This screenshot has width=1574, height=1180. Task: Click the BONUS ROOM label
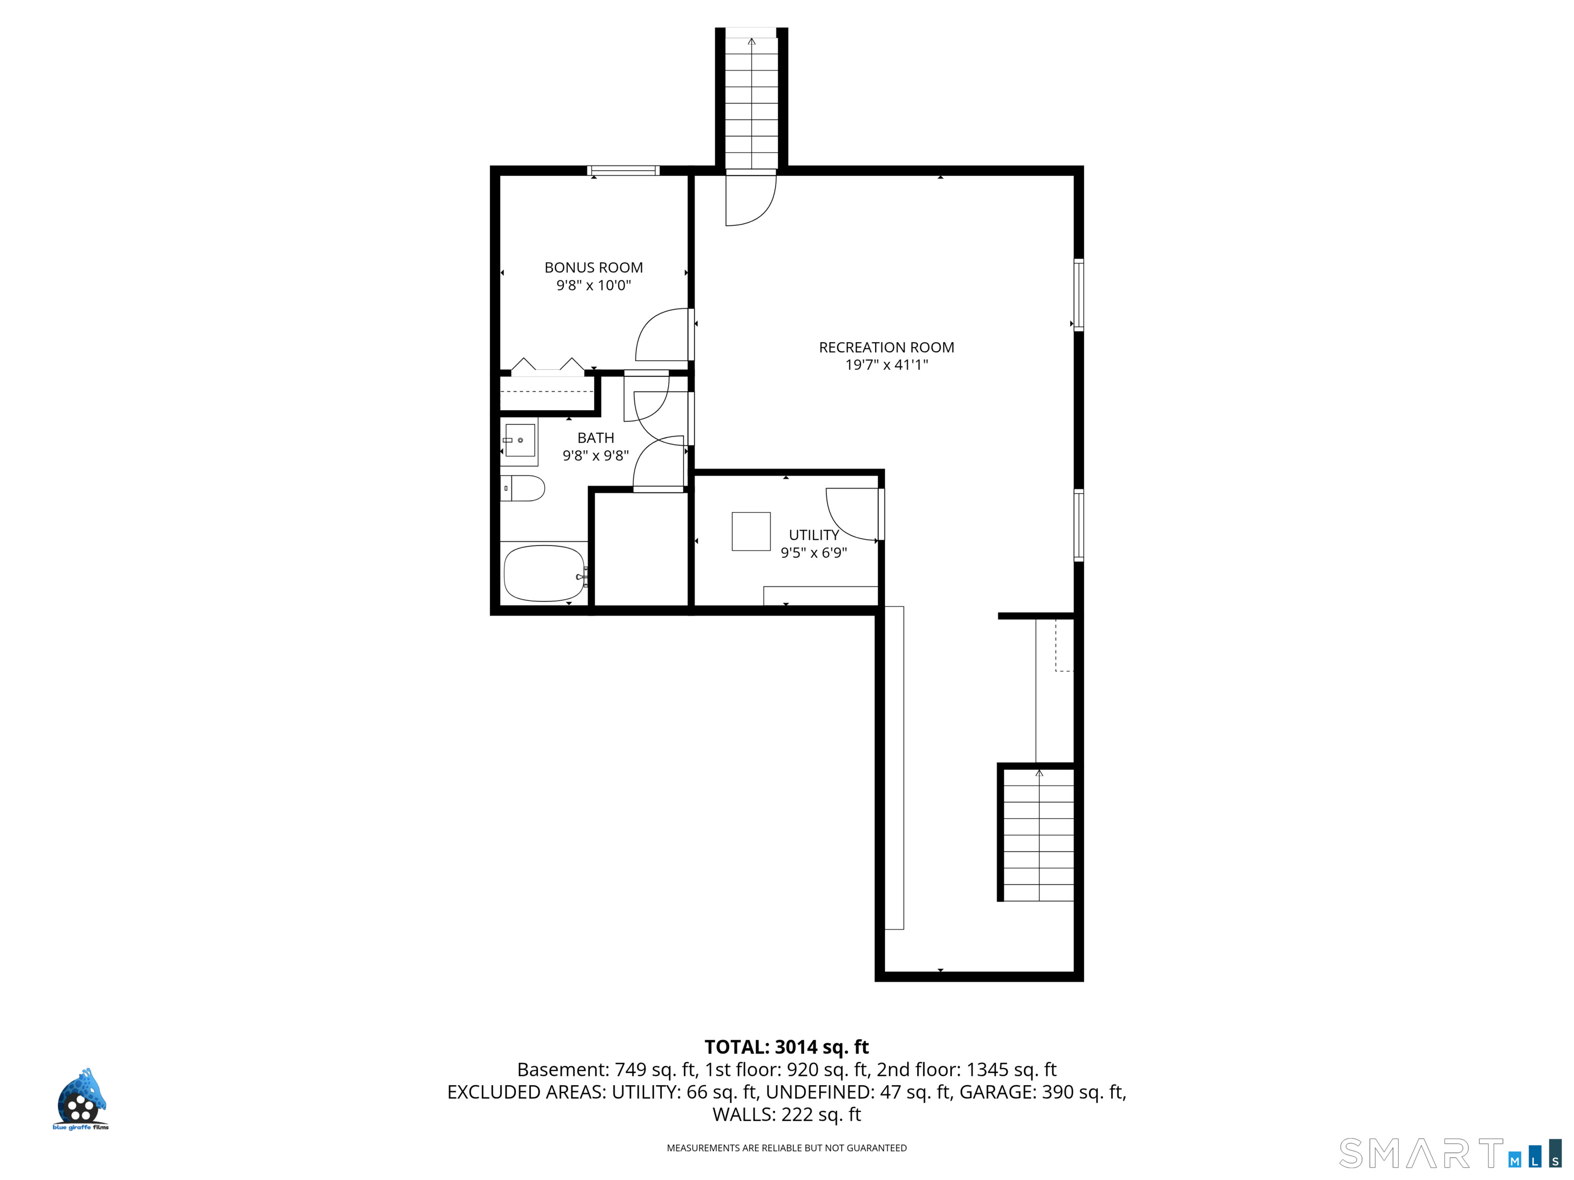coord(593,267)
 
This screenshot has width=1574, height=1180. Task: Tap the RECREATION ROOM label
coord(886,347)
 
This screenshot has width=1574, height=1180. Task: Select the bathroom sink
coord(520,440)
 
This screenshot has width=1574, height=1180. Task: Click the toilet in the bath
coord(522,488)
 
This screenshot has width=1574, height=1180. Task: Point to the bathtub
coord(544,573)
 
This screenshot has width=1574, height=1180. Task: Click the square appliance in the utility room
coord(751,531)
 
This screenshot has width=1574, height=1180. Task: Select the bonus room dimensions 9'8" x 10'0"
coord(593,285)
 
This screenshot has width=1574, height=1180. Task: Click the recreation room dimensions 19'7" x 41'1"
coord(886,365)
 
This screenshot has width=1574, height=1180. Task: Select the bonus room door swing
coord(662,334)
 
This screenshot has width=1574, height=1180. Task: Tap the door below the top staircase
coord(751,200)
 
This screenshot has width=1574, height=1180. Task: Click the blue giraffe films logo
coord(81,1099)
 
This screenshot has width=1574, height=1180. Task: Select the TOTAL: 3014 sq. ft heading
coord(786,1047)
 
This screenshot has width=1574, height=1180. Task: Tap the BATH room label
coord(595,438)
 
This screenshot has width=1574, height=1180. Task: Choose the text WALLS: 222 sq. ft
coord(786,1114)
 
